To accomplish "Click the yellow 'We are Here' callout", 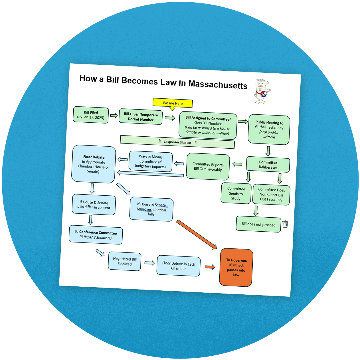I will [173, 103].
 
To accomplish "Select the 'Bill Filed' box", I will [91, 115].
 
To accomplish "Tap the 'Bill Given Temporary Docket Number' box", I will [141, 117].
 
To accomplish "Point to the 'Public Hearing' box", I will [269, 130].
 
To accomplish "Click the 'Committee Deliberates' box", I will [268, 165].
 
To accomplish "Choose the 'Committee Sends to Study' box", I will [236, 193].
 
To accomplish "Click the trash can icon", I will [285, 224].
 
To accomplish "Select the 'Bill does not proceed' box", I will [258, 224].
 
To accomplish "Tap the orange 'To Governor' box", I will [236, 268].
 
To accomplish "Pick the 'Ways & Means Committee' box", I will [150, 161].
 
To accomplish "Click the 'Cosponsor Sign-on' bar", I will [177, 142].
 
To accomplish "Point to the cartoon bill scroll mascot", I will [262, 92].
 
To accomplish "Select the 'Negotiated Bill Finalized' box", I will [125, 261].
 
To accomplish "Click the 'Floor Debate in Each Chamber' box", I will [179, 266].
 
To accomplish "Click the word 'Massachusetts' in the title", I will [218, 85].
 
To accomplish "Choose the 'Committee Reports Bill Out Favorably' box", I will [208, 167].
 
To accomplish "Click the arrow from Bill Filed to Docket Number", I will [114, 116].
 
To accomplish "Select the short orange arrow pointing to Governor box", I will [210, 267].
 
